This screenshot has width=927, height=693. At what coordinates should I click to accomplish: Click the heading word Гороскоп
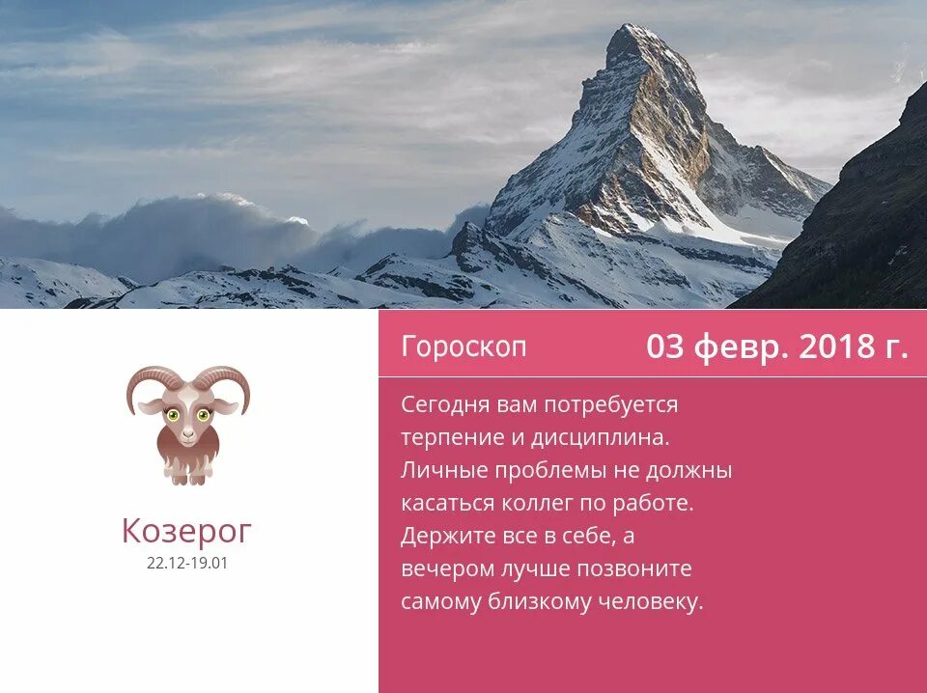(464, 346)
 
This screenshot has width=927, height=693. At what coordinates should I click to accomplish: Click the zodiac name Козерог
(187, 530)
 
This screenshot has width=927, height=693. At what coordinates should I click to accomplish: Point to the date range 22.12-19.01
(187, 564)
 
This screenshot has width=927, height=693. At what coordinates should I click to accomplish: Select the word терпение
(449, 437)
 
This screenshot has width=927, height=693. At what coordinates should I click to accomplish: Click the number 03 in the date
(664, 346)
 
